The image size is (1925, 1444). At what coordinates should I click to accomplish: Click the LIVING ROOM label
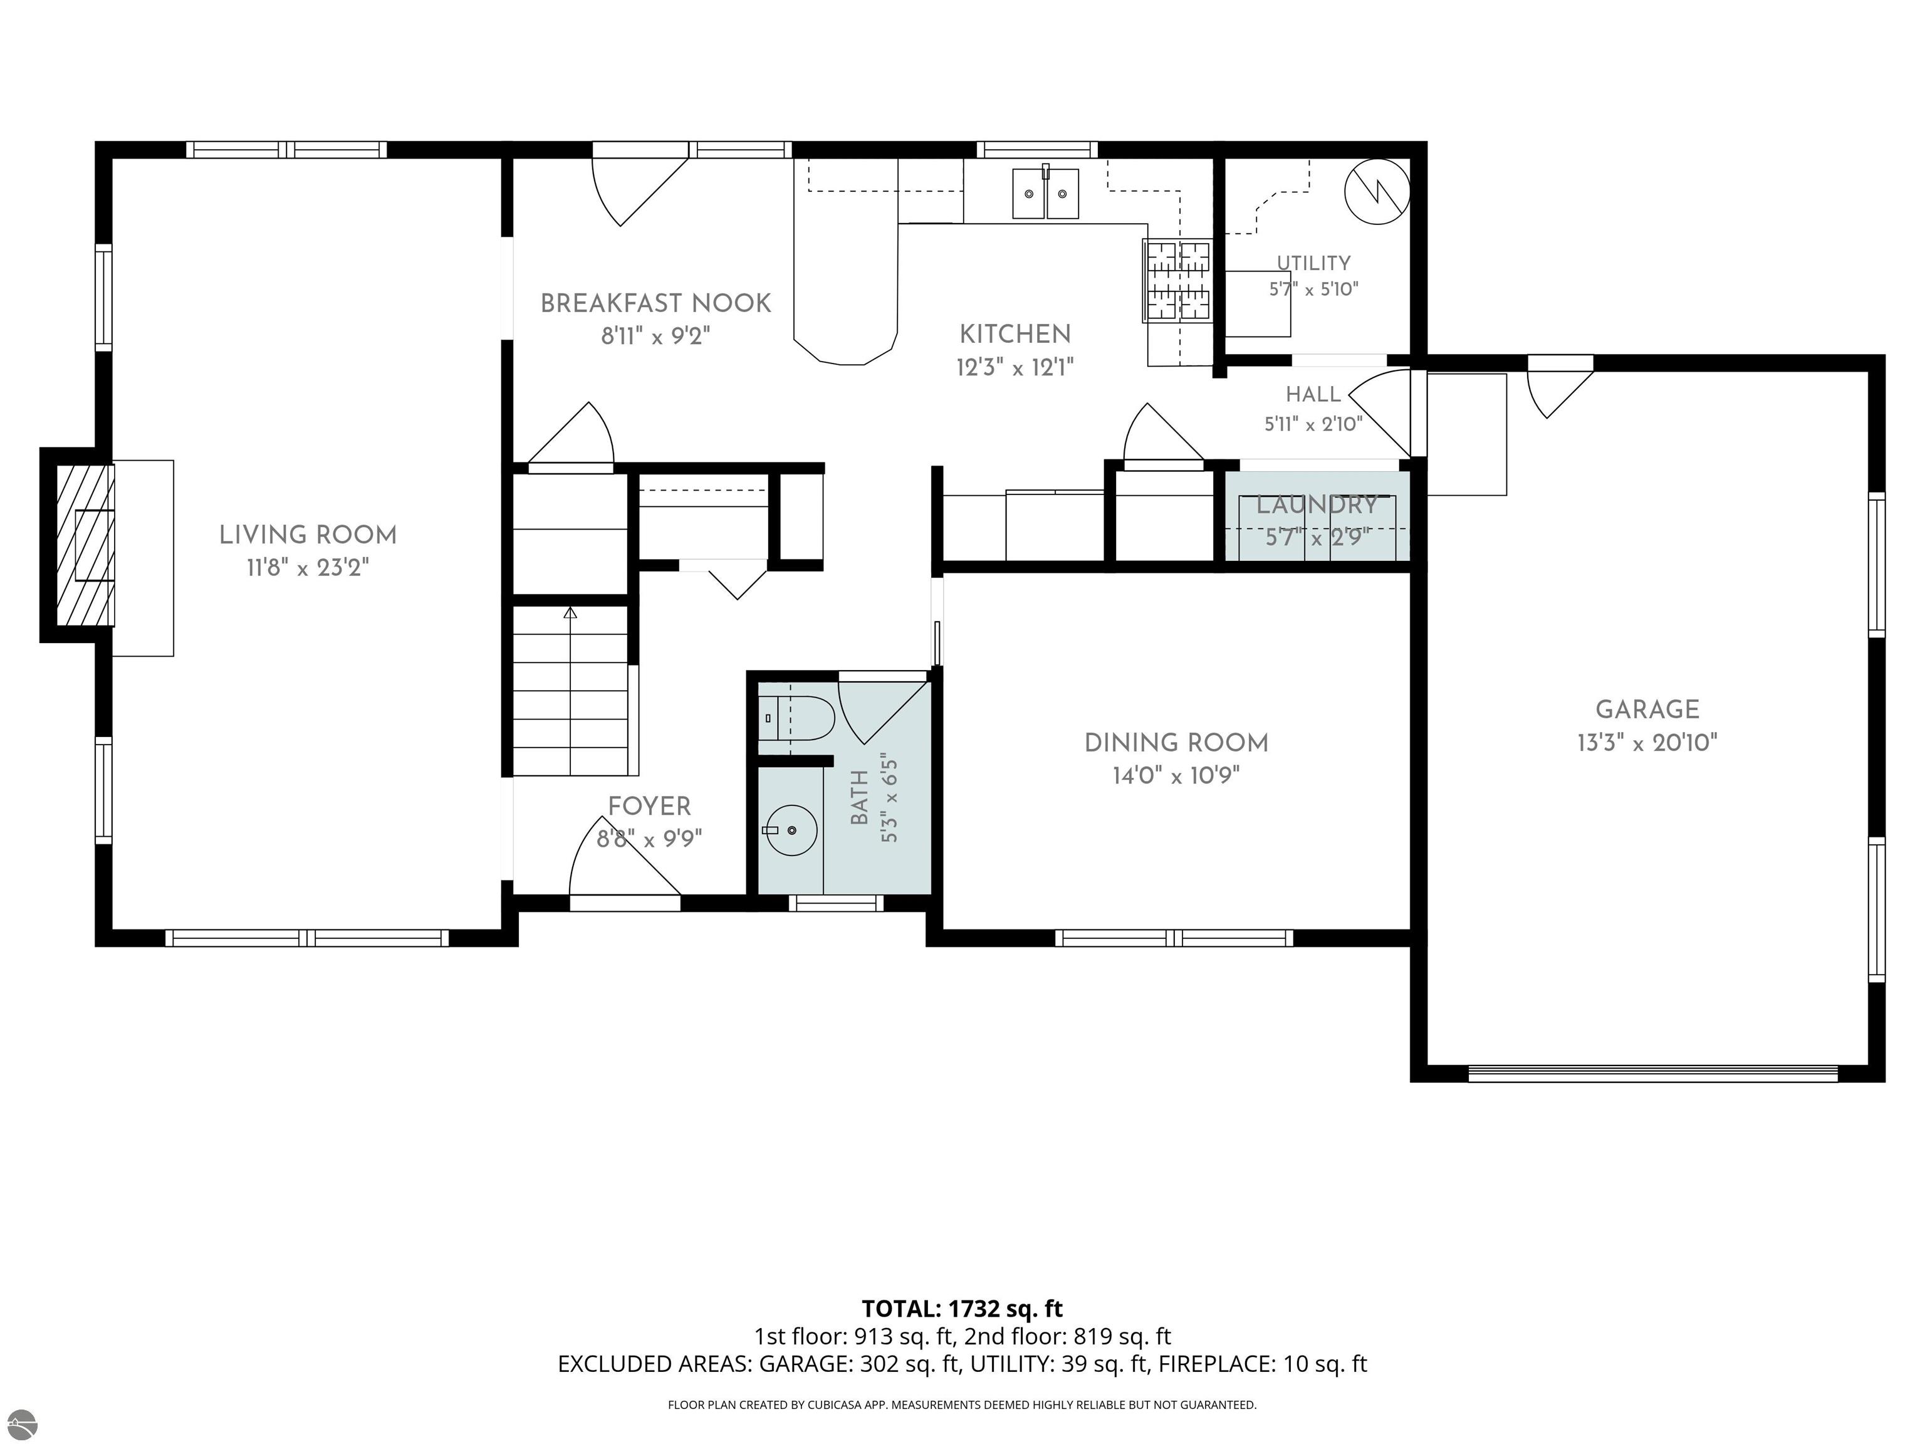coord(308,535)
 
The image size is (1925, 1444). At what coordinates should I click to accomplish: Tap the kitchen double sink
coord(1045,193)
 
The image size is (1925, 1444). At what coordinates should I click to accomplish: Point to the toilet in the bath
coord(796,719)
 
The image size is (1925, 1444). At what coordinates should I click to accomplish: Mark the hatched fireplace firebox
coord(85,545)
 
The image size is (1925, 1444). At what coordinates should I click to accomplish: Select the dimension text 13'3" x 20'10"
coord(1647,743)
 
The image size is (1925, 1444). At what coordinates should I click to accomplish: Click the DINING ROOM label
coord(1177,743)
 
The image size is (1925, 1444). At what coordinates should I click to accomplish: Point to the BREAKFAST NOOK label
coord(655,304)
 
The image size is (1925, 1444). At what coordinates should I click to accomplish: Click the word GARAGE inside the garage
coord(1647,710)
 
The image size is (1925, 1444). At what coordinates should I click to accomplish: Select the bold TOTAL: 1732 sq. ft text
coord(962,1309)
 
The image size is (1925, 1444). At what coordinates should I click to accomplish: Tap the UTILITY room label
coord(1313,263)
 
